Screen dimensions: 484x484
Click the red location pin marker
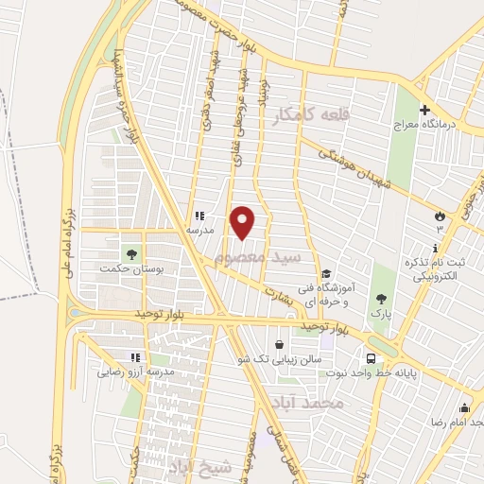[x=244, y=222]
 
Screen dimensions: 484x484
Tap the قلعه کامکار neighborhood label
[x=311, y=115]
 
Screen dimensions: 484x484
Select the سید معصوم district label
[x=258, y=256]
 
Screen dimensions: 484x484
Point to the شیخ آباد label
[x=199, y=466]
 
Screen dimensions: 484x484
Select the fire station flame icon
[x=440, y=215]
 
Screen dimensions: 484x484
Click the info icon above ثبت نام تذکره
[x=434, y=248]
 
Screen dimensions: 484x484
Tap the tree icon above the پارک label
[x=380, y=296]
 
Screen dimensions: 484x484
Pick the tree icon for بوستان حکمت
[x=131, y=254]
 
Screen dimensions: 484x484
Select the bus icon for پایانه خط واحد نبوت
[x=370, y=359]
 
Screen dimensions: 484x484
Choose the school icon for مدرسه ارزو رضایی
[x=134, y=357]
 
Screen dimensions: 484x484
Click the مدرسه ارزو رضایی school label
[x=135, y=372]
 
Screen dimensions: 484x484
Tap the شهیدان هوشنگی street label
[x=355, y=164]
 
